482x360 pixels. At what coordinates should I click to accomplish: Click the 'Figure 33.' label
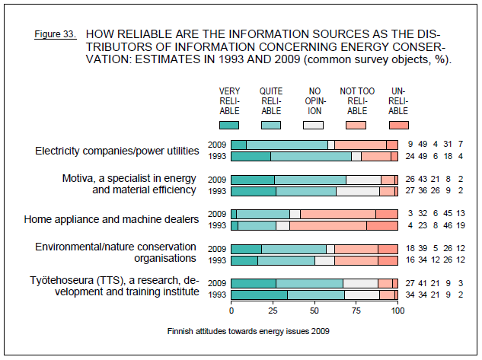pyautogui.click(x=56, y=35)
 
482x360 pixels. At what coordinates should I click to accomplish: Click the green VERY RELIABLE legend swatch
pyautogui.click(x=229, y=124)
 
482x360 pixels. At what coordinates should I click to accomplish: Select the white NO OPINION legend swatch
pyautogui.click(x=313, y=124)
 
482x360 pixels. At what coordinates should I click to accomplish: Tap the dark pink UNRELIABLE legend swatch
pyautogui.click(x=398, y=124)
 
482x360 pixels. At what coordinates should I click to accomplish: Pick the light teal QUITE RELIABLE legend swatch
pyautogui.click(x=271, y=124)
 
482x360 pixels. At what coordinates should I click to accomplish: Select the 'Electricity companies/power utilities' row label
pyautogui.click(x=120, y=151)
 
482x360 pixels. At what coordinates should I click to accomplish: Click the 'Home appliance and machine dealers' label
pyautogui.click(x=111, y=220)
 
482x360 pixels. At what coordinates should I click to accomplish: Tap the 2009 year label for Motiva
pyautogui.click(x=218, y=180)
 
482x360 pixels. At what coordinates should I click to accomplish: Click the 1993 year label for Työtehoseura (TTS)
pyautogui.click(x=218, y=295)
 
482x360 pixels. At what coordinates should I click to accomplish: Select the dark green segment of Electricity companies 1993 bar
pyautogui.click(x=251, y=157)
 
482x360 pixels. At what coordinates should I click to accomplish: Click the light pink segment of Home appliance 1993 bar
pyautogui.click(x=327, y=225)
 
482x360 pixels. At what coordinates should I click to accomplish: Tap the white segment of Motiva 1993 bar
pyautogui.click(x=358, y=191)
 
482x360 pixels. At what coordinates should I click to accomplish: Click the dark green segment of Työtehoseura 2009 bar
pyautogui.click(x=253, y=283)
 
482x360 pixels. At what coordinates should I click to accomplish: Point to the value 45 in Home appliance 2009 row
pyautogui.click(x=448, y=214)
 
